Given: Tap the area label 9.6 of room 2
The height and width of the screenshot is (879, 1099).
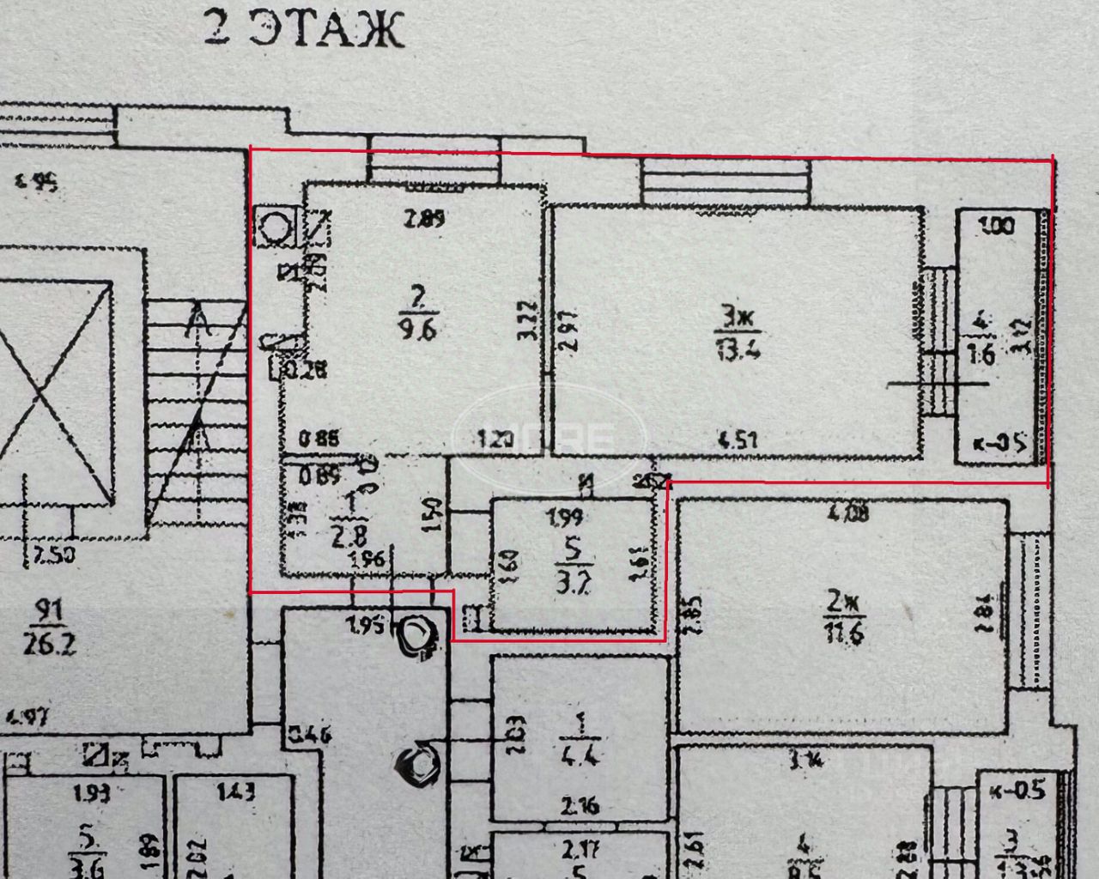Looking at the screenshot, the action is (418, 327).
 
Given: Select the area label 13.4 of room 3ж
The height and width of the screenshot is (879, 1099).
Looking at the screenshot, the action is (738, 348).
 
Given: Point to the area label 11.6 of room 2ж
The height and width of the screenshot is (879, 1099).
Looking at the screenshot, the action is (843, 633).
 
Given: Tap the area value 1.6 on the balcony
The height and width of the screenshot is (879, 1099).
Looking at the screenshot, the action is (981, 354).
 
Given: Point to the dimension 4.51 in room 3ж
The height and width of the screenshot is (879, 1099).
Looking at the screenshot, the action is (738, 440).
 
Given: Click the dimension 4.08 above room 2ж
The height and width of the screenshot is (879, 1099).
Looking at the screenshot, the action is (847, 513).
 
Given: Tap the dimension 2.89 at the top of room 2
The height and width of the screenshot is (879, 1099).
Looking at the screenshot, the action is (424, 218).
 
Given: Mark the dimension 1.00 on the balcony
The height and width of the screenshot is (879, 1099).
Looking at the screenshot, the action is (997, 227).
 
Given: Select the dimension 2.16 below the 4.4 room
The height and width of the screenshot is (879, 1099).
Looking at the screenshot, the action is (580, 806).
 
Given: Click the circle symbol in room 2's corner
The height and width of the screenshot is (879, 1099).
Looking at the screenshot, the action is (276, 227).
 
